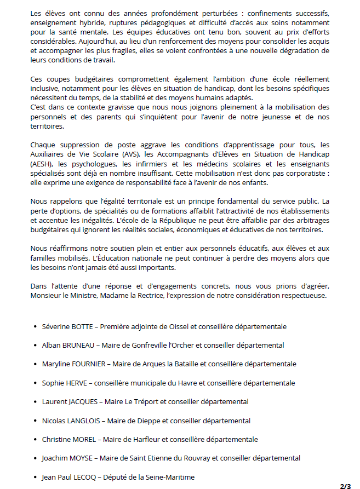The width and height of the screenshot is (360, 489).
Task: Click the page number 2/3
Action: (x=345, y=486)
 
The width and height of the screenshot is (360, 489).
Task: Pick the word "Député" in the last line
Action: (x=115, y=477)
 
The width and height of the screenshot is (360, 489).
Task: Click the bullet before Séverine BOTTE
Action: (x=35, y=327)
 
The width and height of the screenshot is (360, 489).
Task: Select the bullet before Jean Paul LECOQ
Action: (x=35, y=477)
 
